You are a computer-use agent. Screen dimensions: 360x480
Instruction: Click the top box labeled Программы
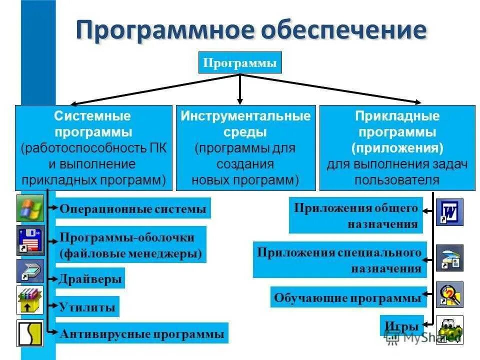click(240, 63)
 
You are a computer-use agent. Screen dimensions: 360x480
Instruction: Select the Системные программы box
click(93, 147)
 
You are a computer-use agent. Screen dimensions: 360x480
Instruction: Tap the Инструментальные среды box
click(245, 147)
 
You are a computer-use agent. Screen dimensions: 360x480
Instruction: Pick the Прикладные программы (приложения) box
click(397, 147)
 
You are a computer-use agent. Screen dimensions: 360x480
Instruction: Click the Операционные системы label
click(132, 208)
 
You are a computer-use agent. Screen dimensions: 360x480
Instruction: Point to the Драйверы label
click(90, 278)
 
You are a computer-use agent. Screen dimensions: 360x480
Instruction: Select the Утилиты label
click(87, 307)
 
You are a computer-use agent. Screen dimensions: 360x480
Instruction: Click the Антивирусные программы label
click(141, 334)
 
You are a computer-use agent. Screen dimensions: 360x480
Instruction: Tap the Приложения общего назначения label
click(355, 215)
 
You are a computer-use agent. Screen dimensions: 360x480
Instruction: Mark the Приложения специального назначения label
click(339, 260)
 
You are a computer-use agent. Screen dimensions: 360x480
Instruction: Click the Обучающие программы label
click(347, 297)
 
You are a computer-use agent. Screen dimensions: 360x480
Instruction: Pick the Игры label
click(401, 326)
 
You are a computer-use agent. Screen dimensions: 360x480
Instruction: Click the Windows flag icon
click(30, 208)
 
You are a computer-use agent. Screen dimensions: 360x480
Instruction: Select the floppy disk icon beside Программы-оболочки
click(30, 240)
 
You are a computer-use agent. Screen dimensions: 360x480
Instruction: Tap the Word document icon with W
click(449, 212)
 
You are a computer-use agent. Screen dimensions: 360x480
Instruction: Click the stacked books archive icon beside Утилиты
click(30, 300)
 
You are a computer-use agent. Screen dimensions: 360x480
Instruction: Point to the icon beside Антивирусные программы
click(30, 333)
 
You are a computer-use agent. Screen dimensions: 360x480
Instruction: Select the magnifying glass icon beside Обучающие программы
click(449, 294)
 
